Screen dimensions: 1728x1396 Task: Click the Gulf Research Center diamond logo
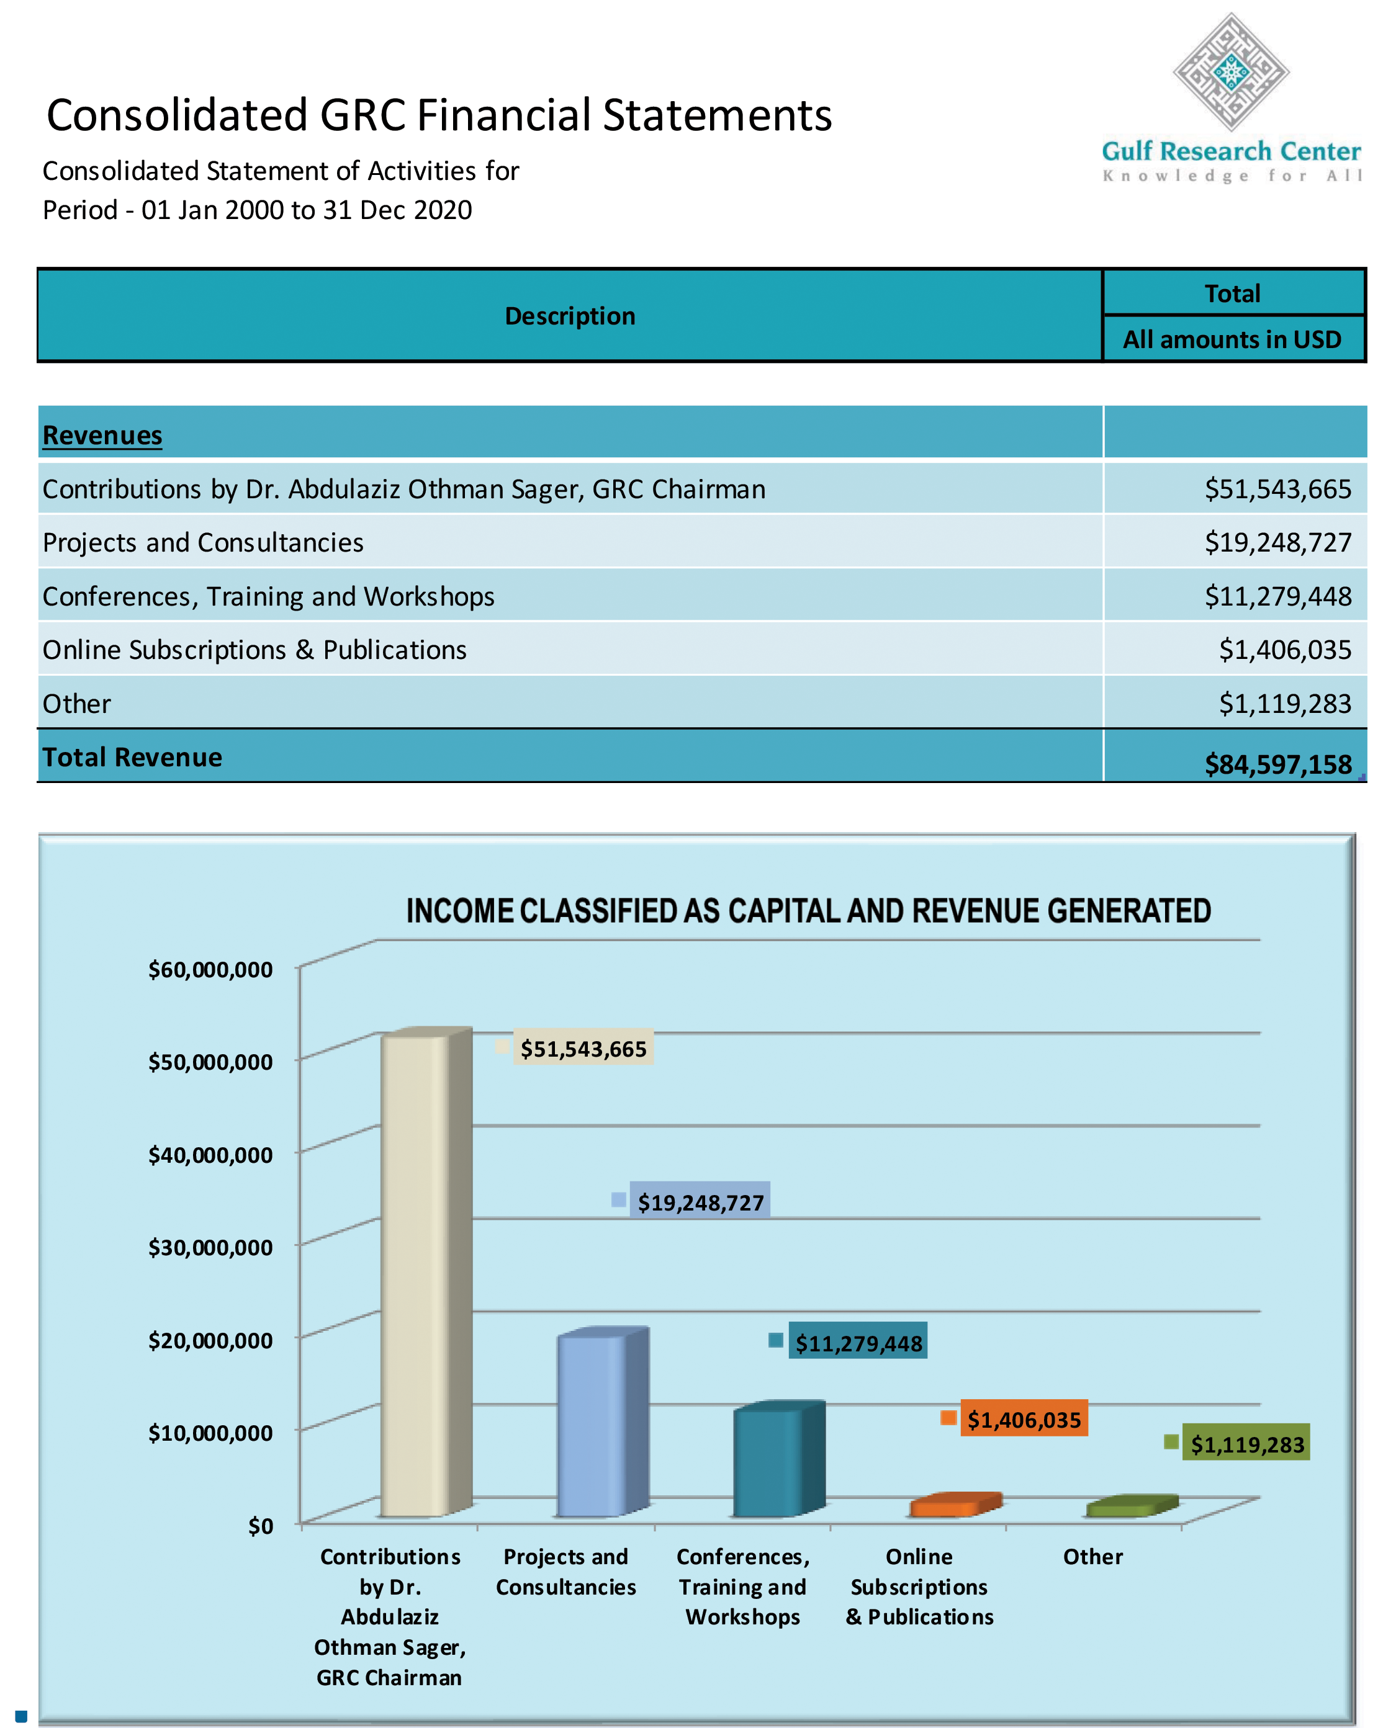(x=1230, y=73)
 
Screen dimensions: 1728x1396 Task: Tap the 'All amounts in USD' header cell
(x=1232, y=339)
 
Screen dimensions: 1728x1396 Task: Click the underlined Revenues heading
(x=102, y=435)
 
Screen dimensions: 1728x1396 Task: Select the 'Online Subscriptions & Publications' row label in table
(x=254, y=650)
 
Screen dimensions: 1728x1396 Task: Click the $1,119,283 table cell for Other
(x=1284, y=703)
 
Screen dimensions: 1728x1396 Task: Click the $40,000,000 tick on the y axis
(x=210, y=1155)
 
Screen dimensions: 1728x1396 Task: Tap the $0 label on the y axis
(x=259, y=1526)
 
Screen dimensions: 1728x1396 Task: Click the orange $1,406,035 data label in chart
(x=1023, y=1420)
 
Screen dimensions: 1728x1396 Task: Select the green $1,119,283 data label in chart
(x=1246, y=1444)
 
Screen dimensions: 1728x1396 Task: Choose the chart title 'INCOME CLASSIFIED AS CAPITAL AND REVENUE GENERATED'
(x=808, y=911)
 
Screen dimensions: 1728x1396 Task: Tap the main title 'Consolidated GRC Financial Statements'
(x=439, y=115)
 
